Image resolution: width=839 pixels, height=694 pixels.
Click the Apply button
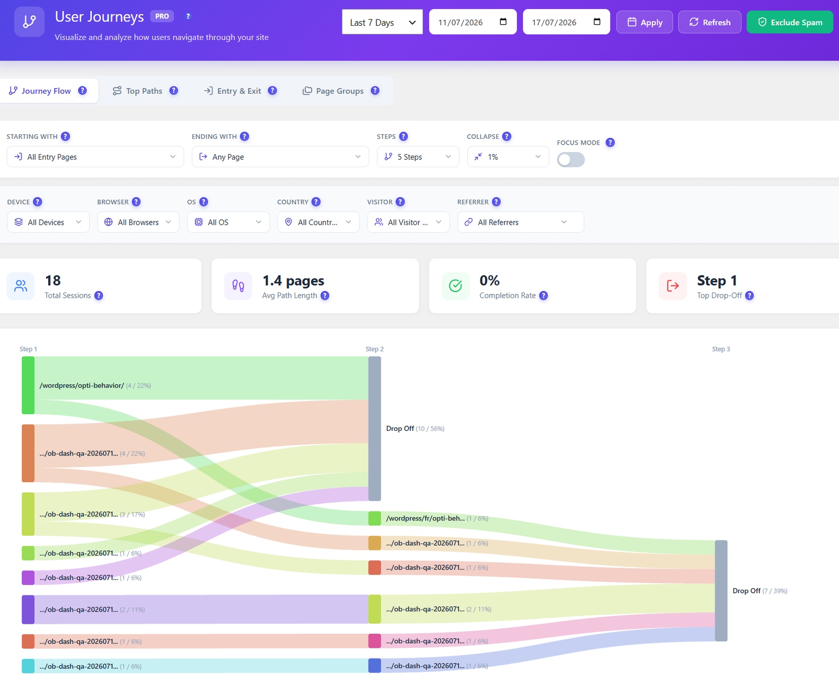pyautogui.click(x=644, y=22)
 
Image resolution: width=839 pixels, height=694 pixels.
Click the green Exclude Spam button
pyautogui.click(x=790, y=22)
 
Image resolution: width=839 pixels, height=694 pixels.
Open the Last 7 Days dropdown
pyautogui.click(x=382, y=22)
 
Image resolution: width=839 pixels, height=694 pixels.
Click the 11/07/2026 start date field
pyautogui.click(x=472, y=22)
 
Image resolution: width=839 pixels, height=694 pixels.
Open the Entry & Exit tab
pyautogui.click(x=240, y=91)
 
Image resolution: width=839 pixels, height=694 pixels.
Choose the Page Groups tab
pyautogui.click(x=340, y=91)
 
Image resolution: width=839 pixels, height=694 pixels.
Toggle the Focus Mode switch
pyautogui.click(x=571, y=159)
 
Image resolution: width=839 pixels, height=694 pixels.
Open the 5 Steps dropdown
pyautogui.click(x=418, y=157)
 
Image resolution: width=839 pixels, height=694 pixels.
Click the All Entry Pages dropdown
pyautogui.click(x=95, y=157)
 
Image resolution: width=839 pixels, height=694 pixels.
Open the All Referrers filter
pyautogui.click(x=520, y=222)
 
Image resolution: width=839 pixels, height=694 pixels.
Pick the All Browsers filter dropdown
pyautogui.click(x=138, y=222)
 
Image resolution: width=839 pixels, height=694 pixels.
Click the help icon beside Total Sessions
pyautogui.click(x=99, y=296)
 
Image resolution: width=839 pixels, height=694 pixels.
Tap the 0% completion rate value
pyautogui.click(x=489, y=280)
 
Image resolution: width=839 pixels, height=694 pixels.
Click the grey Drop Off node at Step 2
pyautogui.click(x=374, y=429)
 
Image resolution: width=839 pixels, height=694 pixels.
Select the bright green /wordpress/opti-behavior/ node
pyautogui.click(x=28, y=385)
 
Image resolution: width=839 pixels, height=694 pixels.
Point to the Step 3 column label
pyautogui.click(x=720, y=349)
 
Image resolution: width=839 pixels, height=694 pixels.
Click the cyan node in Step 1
pyautogui.click(x=28, y=666)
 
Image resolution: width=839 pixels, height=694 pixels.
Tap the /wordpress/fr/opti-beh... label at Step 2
pyautogui.click(x=425, y=518)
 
